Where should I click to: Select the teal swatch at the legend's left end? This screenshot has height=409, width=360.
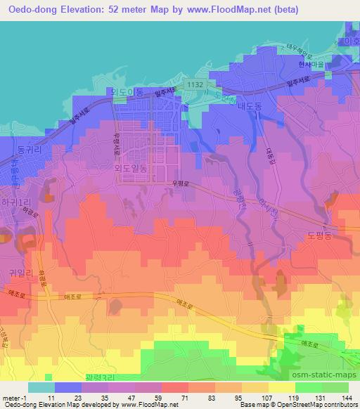pos(41,387)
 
